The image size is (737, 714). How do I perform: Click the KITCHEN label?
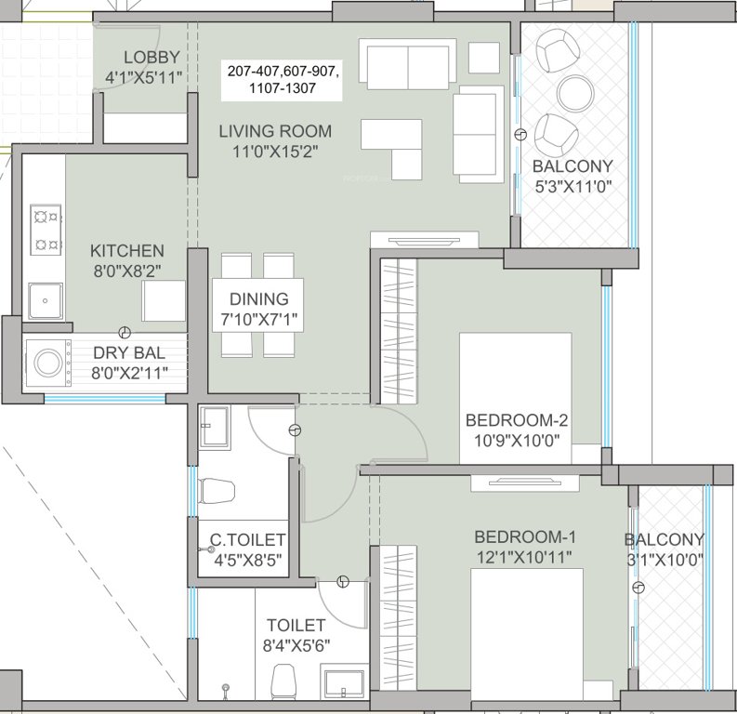point(127,251)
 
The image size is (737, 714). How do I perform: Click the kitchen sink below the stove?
point(43,299)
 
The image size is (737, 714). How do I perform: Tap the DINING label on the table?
point(260,299)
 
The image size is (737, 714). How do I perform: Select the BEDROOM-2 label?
point(516,420)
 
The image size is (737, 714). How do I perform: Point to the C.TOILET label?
point(247,540)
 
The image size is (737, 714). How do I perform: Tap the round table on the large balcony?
point(575,91)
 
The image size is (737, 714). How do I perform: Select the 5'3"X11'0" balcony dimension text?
point(572,186)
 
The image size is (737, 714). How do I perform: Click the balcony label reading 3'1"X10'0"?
point(664,560)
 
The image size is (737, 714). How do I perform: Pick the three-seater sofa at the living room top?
point(406,62)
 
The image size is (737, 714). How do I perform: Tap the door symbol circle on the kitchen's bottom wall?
point(125,333)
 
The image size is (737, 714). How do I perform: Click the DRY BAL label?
point(129,353)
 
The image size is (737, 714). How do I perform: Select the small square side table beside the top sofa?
point(483,59)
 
